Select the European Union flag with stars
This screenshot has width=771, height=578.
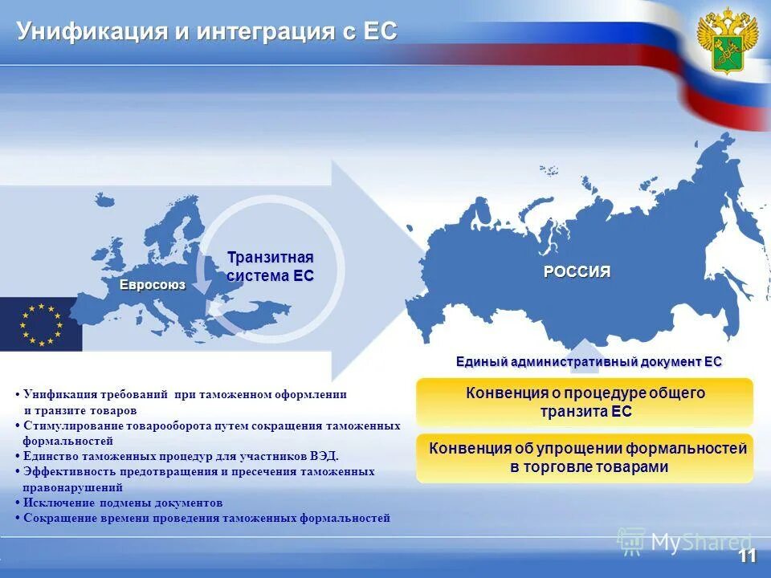pyautogui.click(x=40, y=324)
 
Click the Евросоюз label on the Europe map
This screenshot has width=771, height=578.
pyautogui.click(x=153, y=285)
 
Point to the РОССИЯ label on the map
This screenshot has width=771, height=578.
pyautogui.click(x=577, y=271)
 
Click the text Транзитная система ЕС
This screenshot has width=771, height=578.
pyautogui.click(x=270, y=267)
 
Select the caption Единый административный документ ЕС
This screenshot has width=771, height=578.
pyautogui.click(x=589, y=362)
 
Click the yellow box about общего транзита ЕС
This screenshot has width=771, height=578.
pyautogui.click(x=585, y=402)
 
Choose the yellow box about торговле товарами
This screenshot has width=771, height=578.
pyautogui.click(x=585, y=458)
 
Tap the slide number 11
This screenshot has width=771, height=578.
pyautogui.click(x=747, y=556)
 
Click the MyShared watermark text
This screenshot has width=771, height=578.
pyautogui.click(x=701, y=543)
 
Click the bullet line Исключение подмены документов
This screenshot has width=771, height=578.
pyautogui.click(x=123, y=503)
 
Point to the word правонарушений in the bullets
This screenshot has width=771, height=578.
pyautogui.click(x=72, y=487)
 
